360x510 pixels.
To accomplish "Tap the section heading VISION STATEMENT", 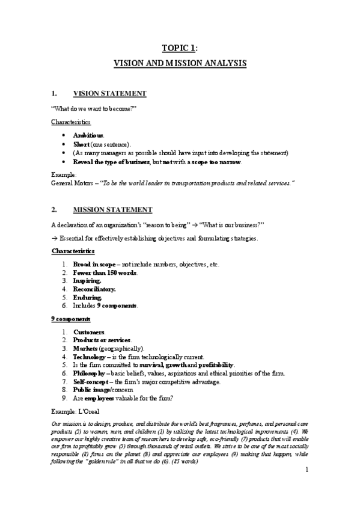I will (109, 94).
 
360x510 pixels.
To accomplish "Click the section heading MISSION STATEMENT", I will (112, 209).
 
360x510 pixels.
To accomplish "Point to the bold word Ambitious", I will (88, 135).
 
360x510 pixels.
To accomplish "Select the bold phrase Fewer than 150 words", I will (105, 272).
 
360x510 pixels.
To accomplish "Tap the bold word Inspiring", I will (87, 281).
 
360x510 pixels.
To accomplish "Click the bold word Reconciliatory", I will (94, 289).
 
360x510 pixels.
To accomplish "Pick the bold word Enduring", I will (87, 297).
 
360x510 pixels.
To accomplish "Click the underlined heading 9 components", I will (71, 319).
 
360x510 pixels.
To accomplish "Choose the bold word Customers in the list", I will (89, 332).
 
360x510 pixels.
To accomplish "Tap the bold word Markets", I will (86, 348).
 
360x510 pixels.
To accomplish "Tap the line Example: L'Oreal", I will (76, 412).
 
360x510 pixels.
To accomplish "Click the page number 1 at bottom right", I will (306, 469).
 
